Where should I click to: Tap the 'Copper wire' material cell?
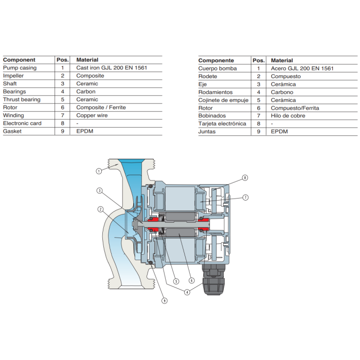[92, 115]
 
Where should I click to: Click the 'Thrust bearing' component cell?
[22, 99]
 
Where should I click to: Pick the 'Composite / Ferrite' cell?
[101, 107]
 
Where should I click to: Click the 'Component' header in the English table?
[19, 60]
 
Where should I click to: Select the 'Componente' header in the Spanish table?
[216, 60]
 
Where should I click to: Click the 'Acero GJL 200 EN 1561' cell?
[302, 68]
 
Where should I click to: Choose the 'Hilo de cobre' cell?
[288, 116]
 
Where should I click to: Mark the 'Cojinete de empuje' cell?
[223, 100]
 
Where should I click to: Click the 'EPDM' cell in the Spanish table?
[280, 132]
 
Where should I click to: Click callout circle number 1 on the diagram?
[98, 171]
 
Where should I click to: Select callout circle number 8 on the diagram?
[245, 177]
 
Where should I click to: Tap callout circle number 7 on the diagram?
[245, 197]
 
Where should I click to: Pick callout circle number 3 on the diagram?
[99, 190]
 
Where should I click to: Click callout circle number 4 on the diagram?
[187, 292]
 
